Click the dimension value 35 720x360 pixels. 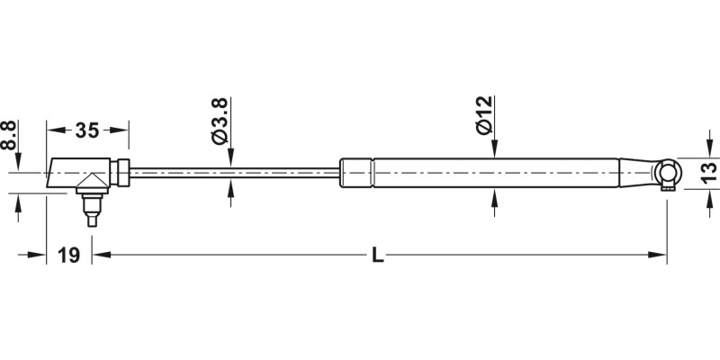[86, 130]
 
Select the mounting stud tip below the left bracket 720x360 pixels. [91, 219]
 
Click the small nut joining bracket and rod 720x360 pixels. [123, 172]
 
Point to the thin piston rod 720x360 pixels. [234, 171]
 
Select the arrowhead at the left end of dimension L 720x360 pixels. [100, 256]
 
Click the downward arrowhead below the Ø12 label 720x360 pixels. [493, 149]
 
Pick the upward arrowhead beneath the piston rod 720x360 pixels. [232, 187]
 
